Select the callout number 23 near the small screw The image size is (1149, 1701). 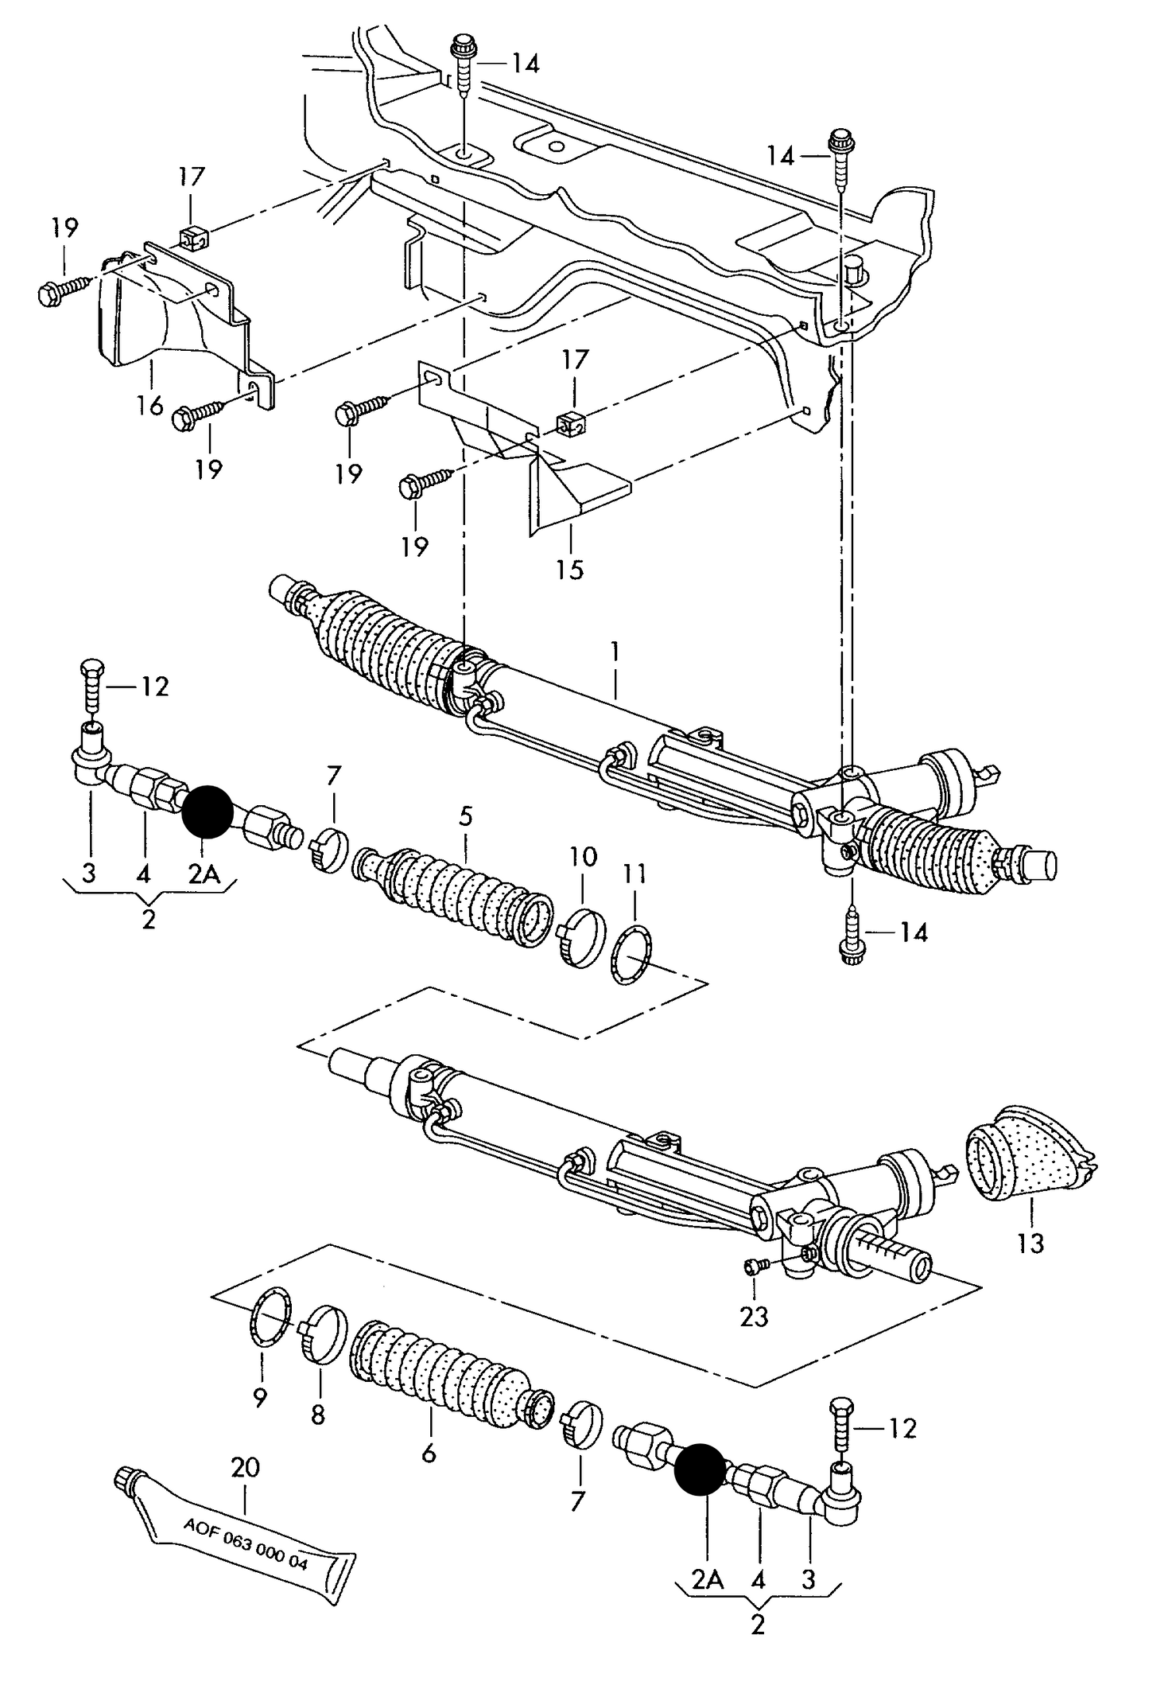pos(754,1317)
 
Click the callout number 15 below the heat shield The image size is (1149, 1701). pos(570,570)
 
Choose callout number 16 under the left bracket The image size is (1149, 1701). pos(149,405)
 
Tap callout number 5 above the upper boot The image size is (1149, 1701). pos(465,815)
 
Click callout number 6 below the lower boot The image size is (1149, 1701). pos(429,1454)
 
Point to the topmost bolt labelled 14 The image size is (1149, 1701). pos(462,56)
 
